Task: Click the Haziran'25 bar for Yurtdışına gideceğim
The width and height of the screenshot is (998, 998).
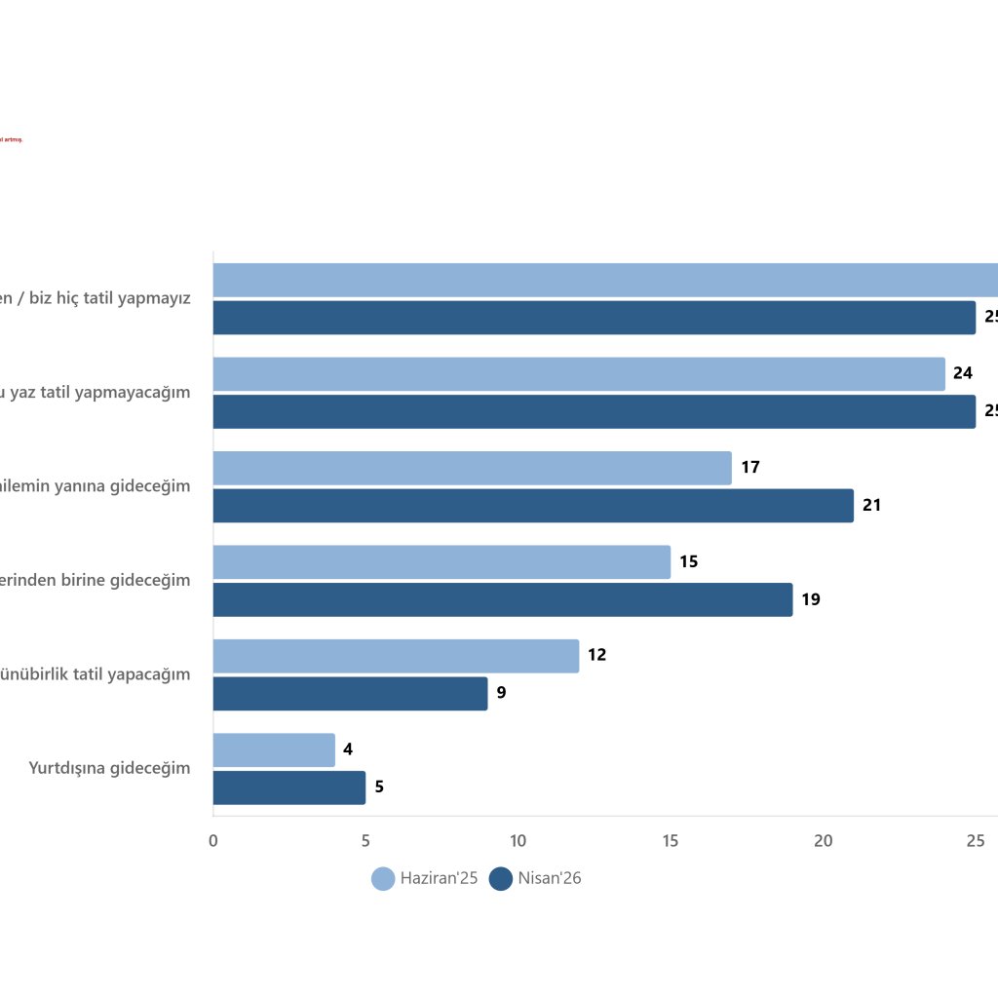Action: tap(274, 750)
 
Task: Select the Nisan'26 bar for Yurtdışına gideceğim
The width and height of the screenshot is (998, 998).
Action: tap(289, 787)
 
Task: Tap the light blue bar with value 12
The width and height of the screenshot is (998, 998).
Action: tap(396, 656)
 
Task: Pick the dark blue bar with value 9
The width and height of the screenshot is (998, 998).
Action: tap(350, 694)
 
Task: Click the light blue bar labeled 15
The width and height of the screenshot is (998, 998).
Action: tap(441, 562)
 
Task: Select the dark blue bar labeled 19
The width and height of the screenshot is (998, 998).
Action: tap(503, 599)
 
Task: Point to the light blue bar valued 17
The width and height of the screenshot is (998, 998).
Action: tap(472, 468)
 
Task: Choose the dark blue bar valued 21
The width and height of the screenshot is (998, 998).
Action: tap(533, 506)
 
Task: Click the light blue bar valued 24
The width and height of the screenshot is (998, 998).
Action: tap(579, 374)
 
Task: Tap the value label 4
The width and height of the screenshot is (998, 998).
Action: tap(348, 749)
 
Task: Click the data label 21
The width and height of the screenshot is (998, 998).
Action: tap(871, 505)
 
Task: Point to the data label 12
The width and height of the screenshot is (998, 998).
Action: tap(596, 655)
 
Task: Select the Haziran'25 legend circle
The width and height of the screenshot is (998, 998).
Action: tap(383, 878)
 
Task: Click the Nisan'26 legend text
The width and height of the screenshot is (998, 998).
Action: tap(550, 878)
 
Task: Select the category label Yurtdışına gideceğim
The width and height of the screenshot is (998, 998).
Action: tap(110, 768)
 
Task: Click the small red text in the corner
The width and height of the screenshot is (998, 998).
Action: tap(11, 139)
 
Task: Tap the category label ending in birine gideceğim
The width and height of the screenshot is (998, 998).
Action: tap(96, 580)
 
